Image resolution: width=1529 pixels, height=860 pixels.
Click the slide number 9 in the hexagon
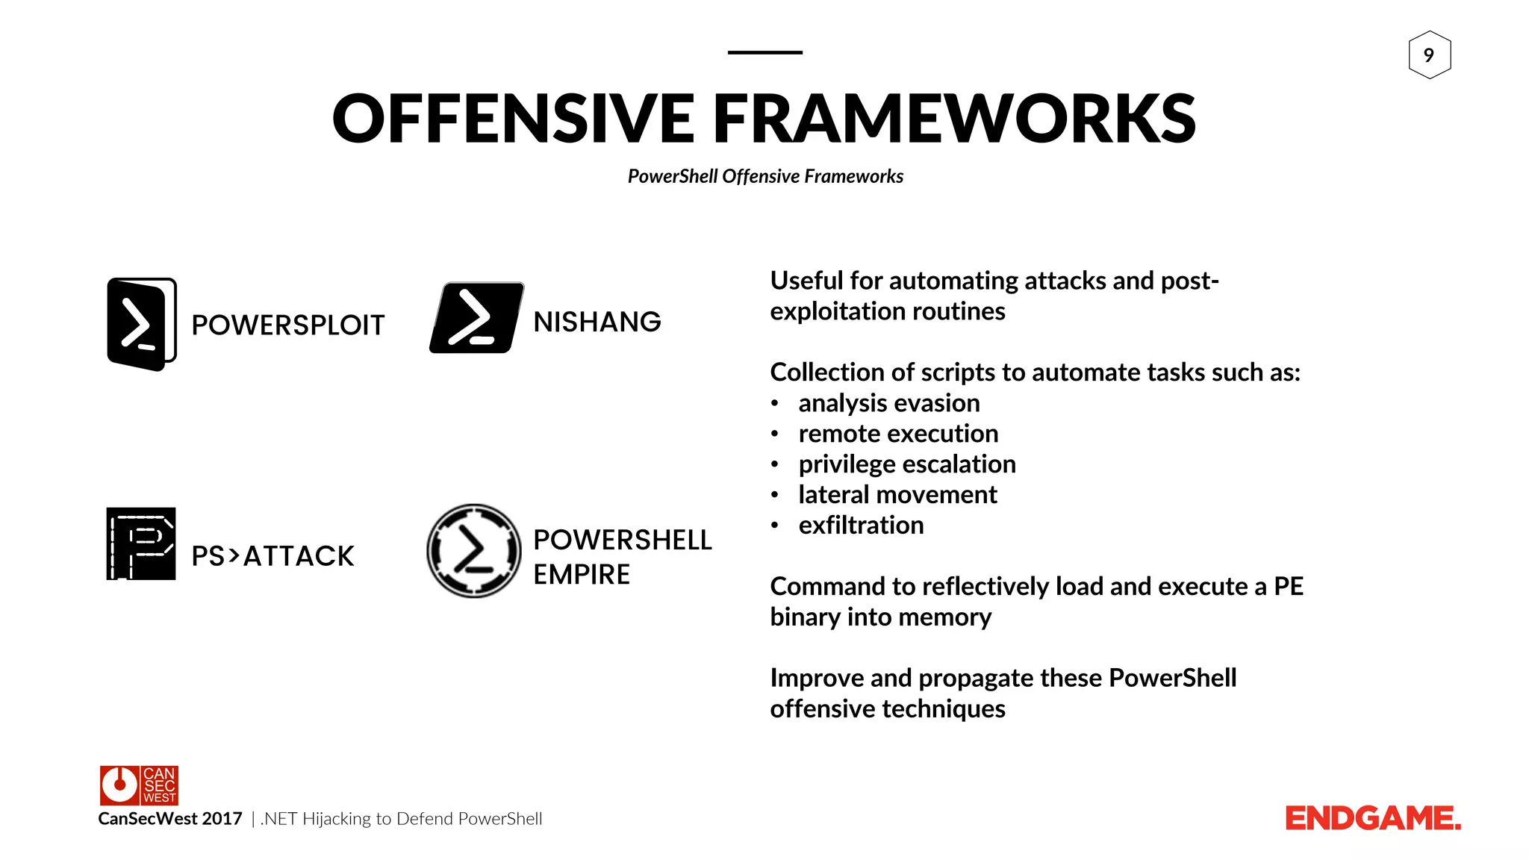pyautogui.click(x=1429, y=55)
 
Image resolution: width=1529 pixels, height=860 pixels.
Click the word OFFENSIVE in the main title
pyautogui.click(x=514, y=119)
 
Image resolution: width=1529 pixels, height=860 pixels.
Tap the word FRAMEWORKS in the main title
pyautogui.click(x=954, y=119)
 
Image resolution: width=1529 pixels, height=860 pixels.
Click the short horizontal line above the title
pyautogui.click(x=764, y=52)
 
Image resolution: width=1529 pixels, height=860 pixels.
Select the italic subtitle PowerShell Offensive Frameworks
pyautogui.click(x=765, y=177)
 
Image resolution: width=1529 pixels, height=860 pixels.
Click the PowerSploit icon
pyautogui.click(x=141, y=324)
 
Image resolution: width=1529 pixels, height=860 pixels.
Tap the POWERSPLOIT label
pyautogui.click(x=287, y=325)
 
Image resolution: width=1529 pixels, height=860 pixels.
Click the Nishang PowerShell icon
pyautogui.click(x=476, y=318)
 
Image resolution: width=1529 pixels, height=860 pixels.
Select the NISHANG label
pyautogui.click(x=597, y=322)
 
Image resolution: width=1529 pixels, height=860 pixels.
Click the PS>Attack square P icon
pyautogui.click(x=141, y=543)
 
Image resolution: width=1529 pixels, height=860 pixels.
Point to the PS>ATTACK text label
pyautogui.click(x=273, y=556)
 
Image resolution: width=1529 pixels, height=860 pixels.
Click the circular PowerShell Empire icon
pyautogui.click(x=473, y=551)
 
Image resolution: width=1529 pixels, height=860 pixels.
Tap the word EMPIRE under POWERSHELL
pyautogui.click(x=582, y=575)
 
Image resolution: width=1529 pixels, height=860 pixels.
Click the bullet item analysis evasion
pyautogui.click(x=888, y=403)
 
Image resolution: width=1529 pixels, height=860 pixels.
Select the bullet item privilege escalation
pyautogui.click(x=906, y=464)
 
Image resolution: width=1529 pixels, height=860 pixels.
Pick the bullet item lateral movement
pyautogui.click(x=897, y=495)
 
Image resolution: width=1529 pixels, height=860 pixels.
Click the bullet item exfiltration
pyautogui.click(x=861, y=526)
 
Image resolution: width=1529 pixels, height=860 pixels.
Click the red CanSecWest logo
pyautogui.click(x=139, y=785)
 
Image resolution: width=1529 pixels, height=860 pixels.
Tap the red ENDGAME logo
pyautogui.click(x=1372, y=819)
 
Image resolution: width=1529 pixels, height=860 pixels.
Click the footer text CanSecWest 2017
pyautogui.click(x=170, y=819)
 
